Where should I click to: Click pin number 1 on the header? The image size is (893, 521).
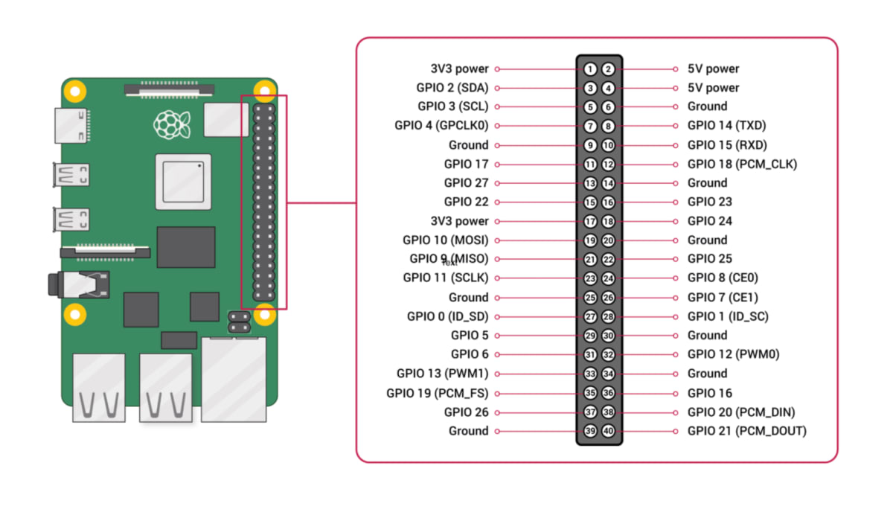pos(590,69)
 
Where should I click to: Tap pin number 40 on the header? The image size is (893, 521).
pos(608,431)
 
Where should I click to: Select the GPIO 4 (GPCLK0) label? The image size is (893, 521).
pos(441,126)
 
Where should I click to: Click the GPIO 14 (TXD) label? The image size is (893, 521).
pos(727,126)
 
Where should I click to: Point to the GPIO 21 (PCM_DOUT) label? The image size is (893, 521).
pos(747,431)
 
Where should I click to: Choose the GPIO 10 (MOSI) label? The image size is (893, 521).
pos(445,240)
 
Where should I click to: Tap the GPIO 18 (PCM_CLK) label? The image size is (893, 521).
pos(743,164)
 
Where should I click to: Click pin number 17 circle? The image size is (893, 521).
pos(590,221)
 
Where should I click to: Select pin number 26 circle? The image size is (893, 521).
pos(608,298)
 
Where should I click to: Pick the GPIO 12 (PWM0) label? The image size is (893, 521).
pos(734,354)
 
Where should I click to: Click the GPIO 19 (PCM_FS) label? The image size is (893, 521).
pos(438,393)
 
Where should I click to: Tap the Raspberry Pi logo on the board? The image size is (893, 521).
pos(172,124)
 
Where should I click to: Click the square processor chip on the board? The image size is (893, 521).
pos(183,182)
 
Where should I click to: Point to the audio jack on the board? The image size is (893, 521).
pos(79,284)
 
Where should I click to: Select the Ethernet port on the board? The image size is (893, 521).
pos(234,380)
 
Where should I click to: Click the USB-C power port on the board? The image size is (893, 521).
pos(71,126)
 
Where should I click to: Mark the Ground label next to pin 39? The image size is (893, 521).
pos(468,431)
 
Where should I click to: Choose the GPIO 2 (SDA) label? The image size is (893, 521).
pos(452,88)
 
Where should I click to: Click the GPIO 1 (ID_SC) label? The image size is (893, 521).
pos(728,316)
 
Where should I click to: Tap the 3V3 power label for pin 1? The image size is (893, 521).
pos(459,69)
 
